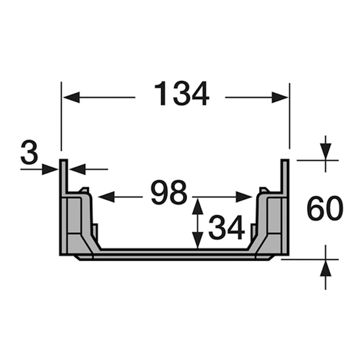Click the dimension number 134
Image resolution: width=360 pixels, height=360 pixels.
point(181,95)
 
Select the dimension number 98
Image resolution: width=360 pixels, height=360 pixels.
point(169,193)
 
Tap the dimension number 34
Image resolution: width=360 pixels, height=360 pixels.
point(226,227)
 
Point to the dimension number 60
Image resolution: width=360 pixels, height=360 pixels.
point(325,209)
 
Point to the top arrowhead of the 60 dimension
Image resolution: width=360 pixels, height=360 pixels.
point(325,151)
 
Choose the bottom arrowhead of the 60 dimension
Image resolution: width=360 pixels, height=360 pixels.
point(325,268)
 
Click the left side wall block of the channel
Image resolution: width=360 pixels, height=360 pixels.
point(75,224)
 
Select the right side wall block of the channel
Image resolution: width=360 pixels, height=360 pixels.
point(273,224)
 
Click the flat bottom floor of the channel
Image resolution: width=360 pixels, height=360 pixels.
point(174,253)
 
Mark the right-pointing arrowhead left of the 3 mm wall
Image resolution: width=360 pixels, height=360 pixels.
point(51,170)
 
